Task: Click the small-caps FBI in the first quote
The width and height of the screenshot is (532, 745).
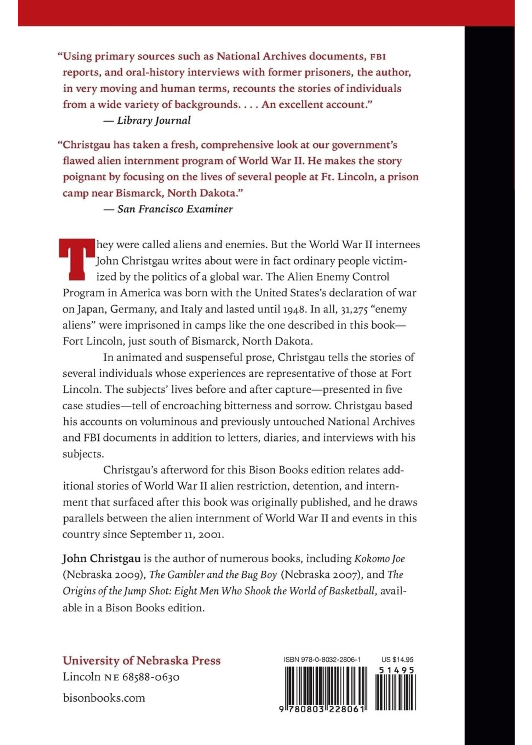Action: pos(378,57)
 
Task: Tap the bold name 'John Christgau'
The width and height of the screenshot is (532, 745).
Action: pos(101,559)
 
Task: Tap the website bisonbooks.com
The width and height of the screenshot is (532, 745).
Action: pos(104,698)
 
